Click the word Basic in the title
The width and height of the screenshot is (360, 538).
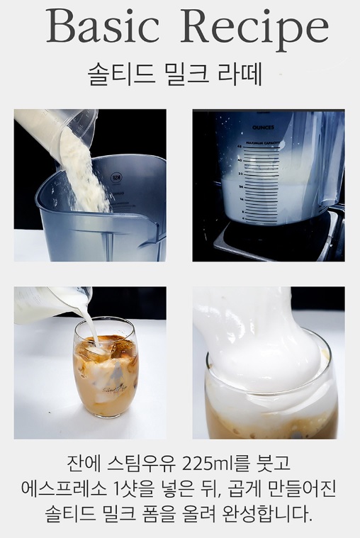click(x=103, y=26)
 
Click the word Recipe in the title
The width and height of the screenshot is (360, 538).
click(x=254, y=30)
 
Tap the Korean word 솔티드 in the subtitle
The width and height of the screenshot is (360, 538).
click(x=122, y=74)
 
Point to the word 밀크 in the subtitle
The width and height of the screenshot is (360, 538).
click(x=187, y=74)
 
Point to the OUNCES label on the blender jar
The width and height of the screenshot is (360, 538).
click(x=263, y=128)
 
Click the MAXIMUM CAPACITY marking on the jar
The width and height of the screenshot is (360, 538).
click(x=263, y=142)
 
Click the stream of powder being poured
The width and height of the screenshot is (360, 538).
click(x=82, y=172)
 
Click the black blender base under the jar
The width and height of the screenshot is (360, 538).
click(x=274, y=240)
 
